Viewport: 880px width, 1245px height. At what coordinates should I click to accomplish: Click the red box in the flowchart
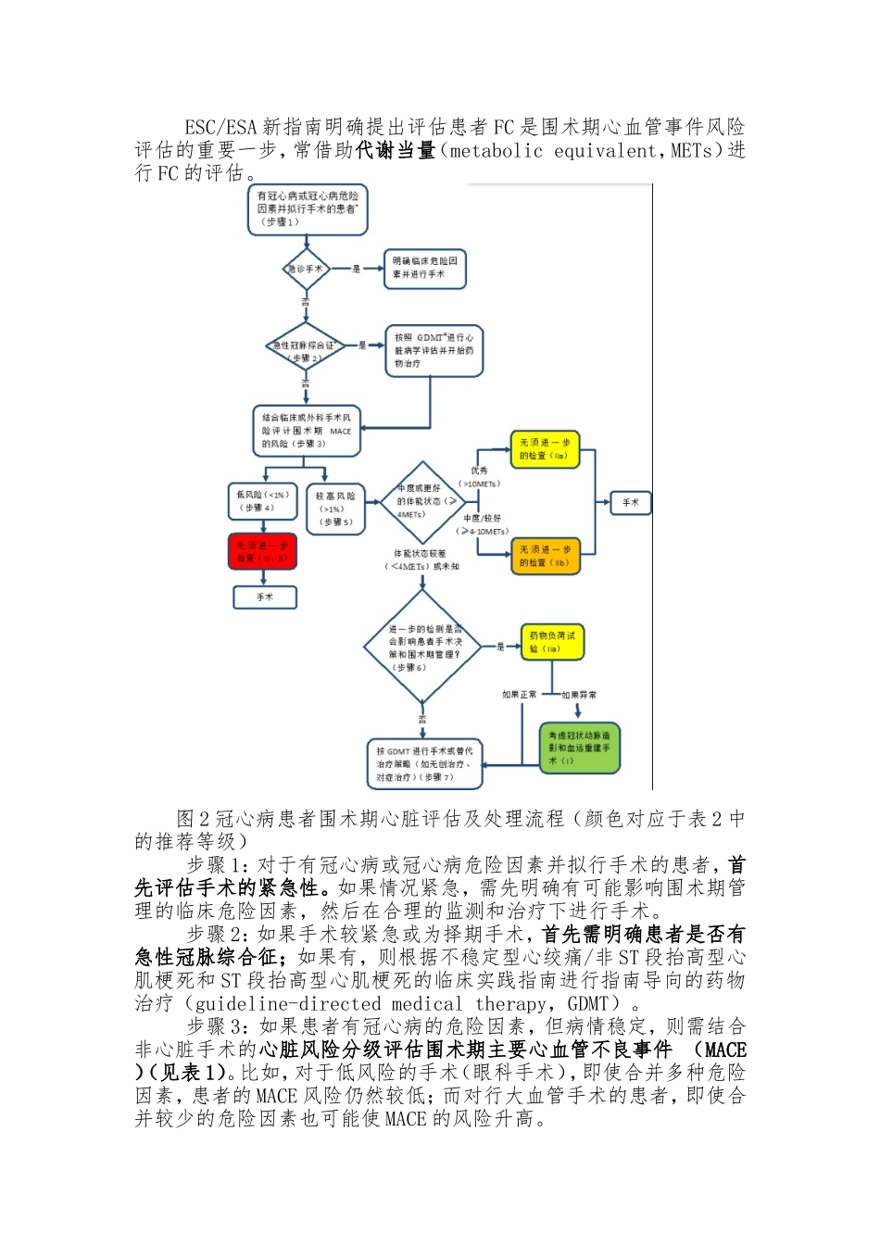pyautogui.click(x=263, y=551)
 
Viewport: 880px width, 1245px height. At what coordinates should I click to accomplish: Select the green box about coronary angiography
pyautogui.click(x=579, y=748)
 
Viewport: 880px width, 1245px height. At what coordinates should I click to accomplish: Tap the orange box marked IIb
pyautogui.click(x=545, y=556)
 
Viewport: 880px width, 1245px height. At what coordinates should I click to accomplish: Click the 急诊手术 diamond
pyautogui.click(x=306, y=269)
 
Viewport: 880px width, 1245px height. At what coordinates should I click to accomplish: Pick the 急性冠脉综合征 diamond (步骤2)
pyautogui.click(x=305, y=349)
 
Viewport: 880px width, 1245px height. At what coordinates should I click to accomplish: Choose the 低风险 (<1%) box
pyautogui.click(x=263, y=501)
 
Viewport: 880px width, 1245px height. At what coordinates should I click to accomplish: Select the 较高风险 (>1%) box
pyautogui.click(x=335, y=509)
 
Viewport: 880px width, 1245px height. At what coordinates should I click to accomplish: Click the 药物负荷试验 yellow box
pyautogui.click(x=552, y=642)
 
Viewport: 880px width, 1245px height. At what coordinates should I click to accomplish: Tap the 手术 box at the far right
pyautogui.click(x=631, y=503)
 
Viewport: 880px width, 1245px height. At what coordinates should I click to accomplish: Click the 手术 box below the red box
pyautogui.click(x=265, y=597)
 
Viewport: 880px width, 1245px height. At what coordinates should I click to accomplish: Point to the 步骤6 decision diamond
pyautogui.click(x=423, y=648)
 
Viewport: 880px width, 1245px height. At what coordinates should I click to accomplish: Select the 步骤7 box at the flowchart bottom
pyautogui.click(x=424, y=764)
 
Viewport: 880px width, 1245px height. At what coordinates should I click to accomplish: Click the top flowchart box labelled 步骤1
pyautogui.click(x=307, y=208)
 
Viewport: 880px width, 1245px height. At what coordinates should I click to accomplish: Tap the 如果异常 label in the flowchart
pyautogui.click(x=579, y=695)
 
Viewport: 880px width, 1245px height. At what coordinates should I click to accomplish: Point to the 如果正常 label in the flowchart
pyautogui.click(x=519, y=695)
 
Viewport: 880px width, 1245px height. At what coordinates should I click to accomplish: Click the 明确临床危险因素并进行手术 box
pyautogui.click(x=424, y=269)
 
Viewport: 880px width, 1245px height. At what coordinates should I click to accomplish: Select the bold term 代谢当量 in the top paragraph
pyautogui.click(x=396, y=150)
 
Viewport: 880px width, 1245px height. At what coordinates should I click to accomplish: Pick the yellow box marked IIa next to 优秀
pyautogui.click(x=545, y=449)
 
